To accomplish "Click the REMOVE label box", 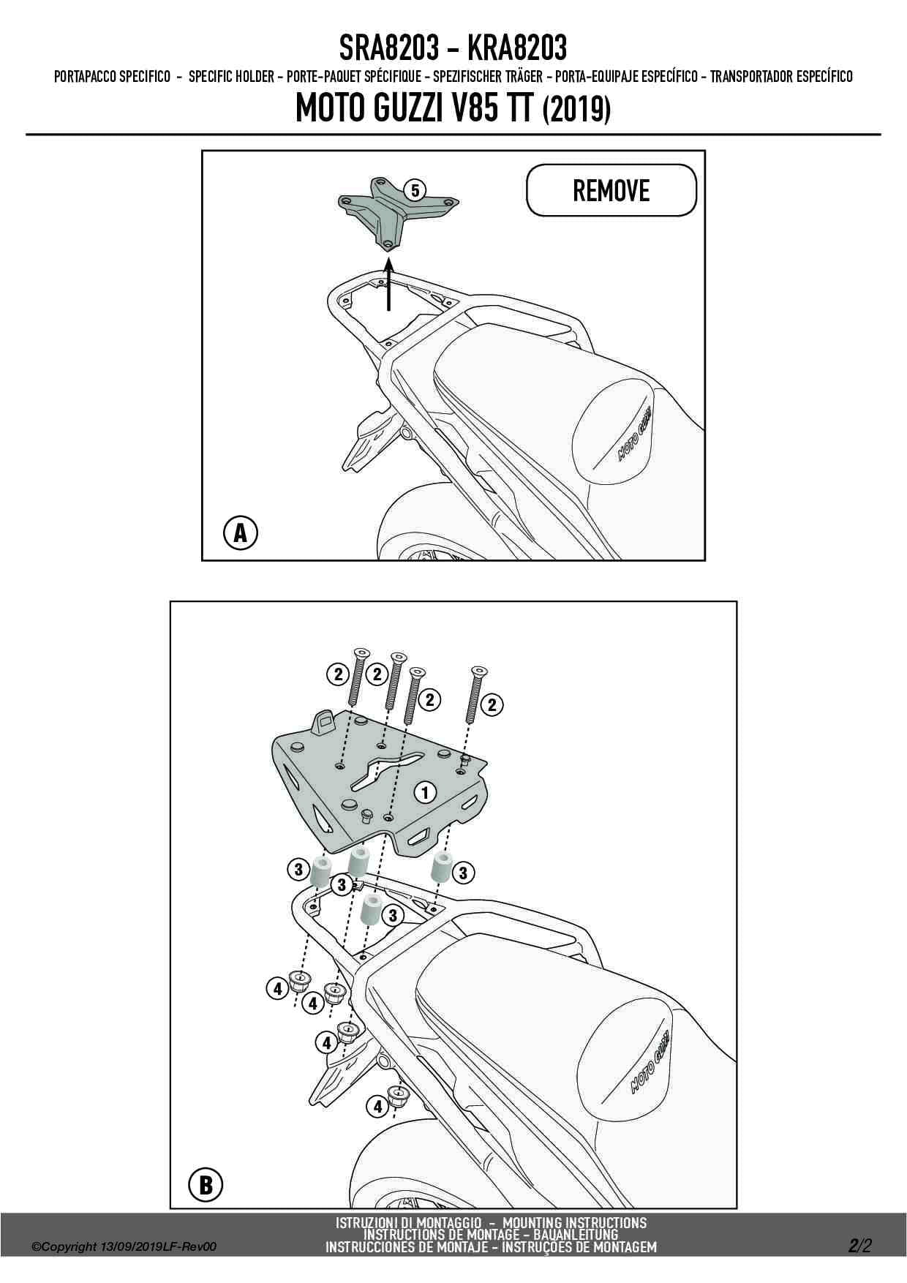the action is [x=611, y=190].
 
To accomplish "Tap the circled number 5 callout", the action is [x=415, y=191].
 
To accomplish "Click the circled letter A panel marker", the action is [x=240, y=533].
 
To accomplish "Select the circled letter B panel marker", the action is [x=206, y=1184].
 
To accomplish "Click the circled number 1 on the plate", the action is [x=425, y=791].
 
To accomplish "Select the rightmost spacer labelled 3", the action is [x=442, y=868].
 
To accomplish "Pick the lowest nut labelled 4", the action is [x=397, y=1096].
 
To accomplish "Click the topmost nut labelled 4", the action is [x=298, y=980].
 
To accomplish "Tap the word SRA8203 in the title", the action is [x=388, y=48].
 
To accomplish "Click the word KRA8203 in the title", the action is [x=516, y=48].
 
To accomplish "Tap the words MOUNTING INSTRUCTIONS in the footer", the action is [x=575, y=1222].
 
